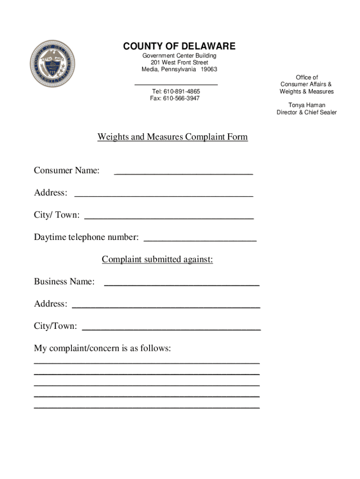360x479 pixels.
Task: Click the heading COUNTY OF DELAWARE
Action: (x=179, y=46)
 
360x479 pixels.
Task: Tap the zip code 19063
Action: (x=209, y=69)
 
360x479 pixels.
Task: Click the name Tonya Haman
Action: (x=306, y=105)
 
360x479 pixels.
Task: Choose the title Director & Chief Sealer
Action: (x=306, y=112)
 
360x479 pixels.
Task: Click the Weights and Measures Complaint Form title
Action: (x=173, y=137)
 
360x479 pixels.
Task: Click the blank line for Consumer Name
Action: (x=183, y=172)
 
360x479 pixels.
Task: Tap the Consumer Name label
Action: (x=66, y=171)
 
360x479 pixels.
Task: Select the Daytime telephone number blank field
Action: (x=200, y=239)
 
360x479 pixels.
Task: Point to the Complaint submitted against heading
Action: (x=158, y=260)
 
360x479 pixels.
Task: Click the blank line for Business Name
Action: (x=181, y=283)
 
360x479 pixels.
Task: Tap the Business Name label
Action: (x=64, y=282)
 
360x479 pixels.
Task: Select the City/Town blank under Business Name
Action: (x=171, y=327)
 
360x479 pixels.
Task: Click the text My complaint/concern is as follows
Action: (x=102, y=348)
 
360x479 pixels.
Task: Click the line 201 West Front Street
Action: (x=179, y=63)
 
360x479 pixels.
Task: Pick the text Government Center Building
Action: (x=179, y=56)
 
